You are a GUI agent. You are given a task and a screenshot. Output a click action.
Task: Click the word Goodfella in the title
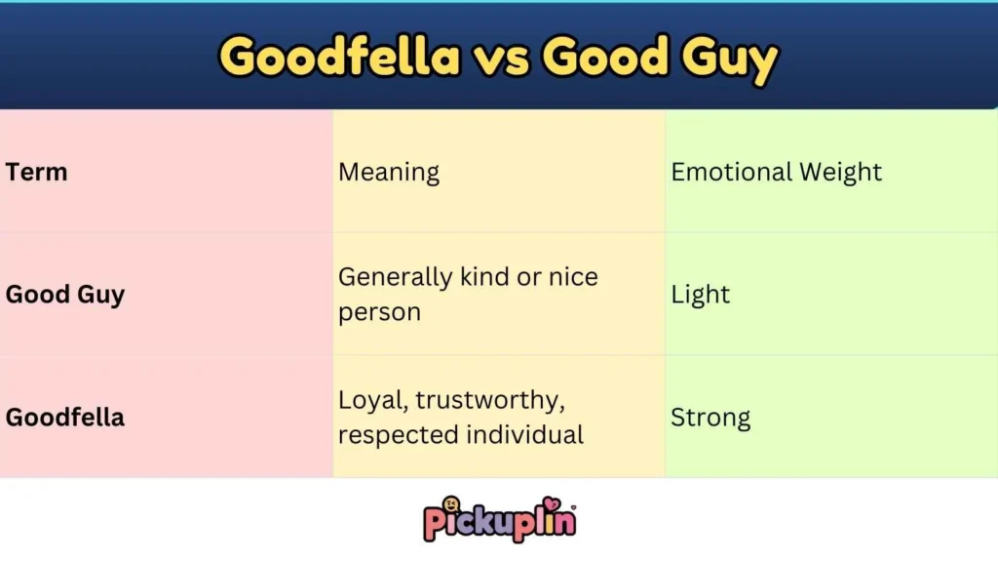click(x=339, y=58)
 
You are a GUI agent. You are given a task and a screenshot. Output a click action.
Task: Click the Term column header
click(x=37, y=173)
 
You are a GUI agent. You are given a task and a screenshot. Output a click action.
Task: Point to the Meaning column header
click(x=389, y=174)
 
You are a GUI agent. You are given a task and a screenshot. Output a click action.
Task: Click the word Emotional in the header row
click(x=731, y=173)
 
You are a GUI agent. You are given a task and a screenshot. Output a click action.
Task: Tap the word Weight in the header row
click(x=840, y=173)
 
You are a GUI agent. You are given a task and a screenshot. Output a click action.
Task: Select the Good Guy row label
click(x=65, y=295)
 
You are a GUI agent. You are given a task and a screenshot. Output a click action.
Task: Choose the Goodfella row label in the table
click(x=65, y=418)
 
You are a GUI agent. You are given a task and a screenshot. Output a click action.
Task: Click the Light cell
click(x=700, y=295)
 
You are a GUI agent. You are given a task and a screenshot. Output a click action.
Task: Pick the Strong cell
click(x=710, y=418)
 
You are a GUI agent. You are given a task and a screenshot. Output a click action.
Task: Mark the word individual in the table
click(x=525, y=434)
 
